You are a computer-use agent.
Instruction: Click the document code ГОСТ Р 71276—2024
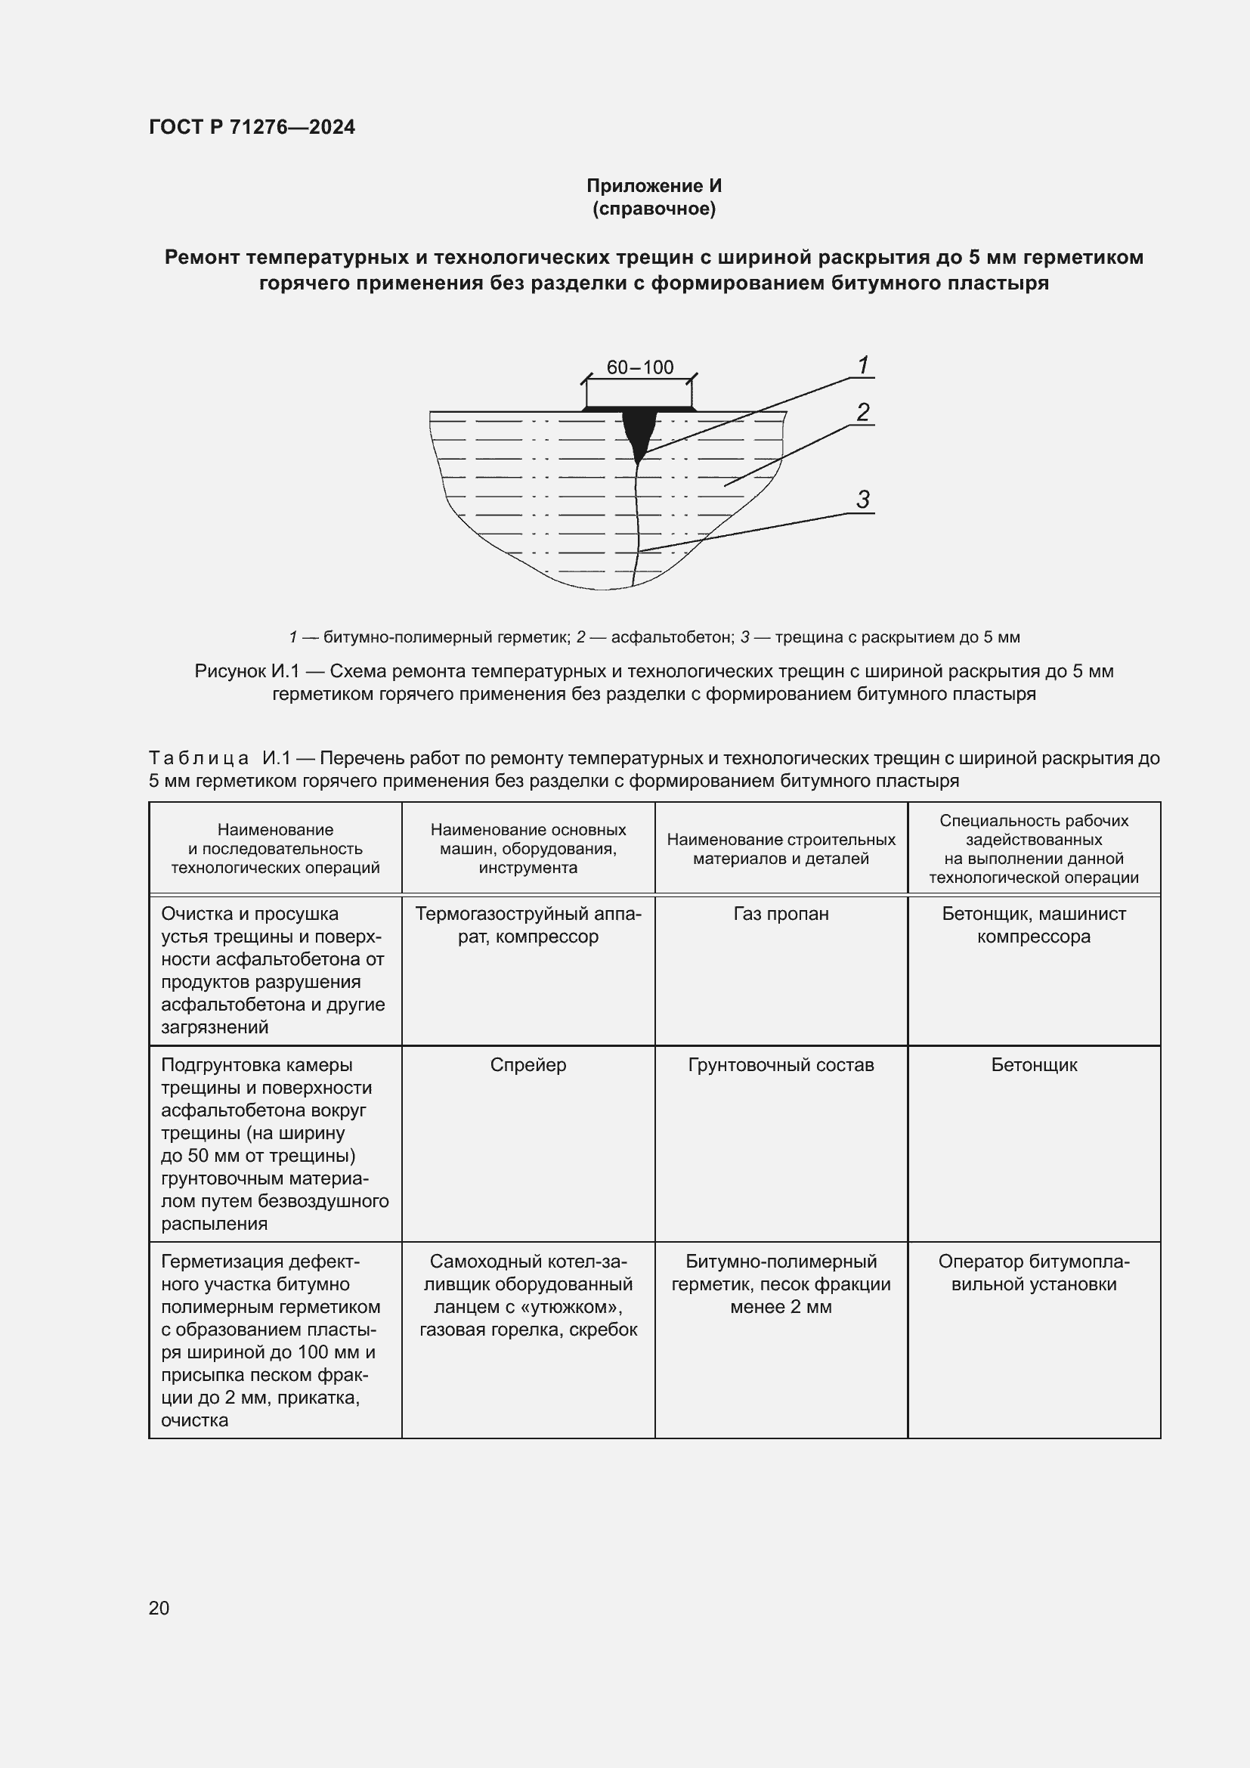pos(252,127)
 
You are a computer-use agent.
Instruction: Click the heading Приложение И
pos(654,186)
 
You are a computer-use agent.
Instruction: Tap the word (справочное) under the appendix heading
pos(654,209)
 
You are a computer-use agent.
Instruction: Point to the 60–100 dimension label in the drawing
pos(639,367)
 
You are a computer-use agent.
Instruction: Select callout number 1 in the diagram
pos(863,365)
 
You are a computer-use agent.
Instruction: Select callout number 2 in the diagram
pos(863,413)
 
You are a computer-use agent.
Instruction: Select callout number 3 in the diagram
pos(863,500)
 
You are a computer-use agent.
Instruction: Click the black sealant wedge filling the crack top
pos(638,431)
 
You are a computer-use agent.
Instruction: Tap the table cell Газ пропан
pos(781,914)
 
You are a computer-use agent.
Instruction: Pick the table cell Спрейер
pos(528,1065)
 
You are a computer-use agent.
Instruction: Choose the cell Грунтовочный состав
pos(781,1065)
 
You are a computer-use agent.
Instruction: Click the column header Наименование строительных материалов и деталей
pos(781,849)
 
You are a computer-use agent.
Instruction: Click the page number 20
pos(159,1608)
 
